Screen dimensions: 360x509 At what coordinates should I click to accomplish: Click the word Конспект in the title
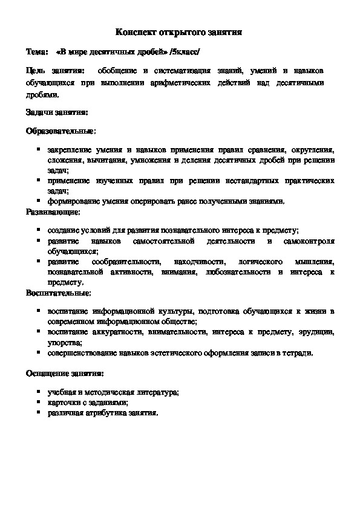[x=135, y=32]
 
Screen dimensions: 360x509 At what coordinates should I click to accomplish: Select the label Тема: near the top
[x=37, y=53]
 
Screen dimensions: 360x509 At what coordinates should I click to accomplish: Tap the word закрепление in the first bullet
[x=68, y=149]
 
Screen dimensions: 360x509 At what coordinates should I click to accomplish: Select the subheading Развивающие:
[x=53, y=212]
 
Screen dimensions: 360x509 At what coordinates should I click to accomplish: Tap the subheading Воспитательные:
[x=58, y=293]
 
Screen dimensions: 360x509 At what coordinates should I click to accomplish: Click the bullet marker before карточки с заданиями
[x=38, y=402]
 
